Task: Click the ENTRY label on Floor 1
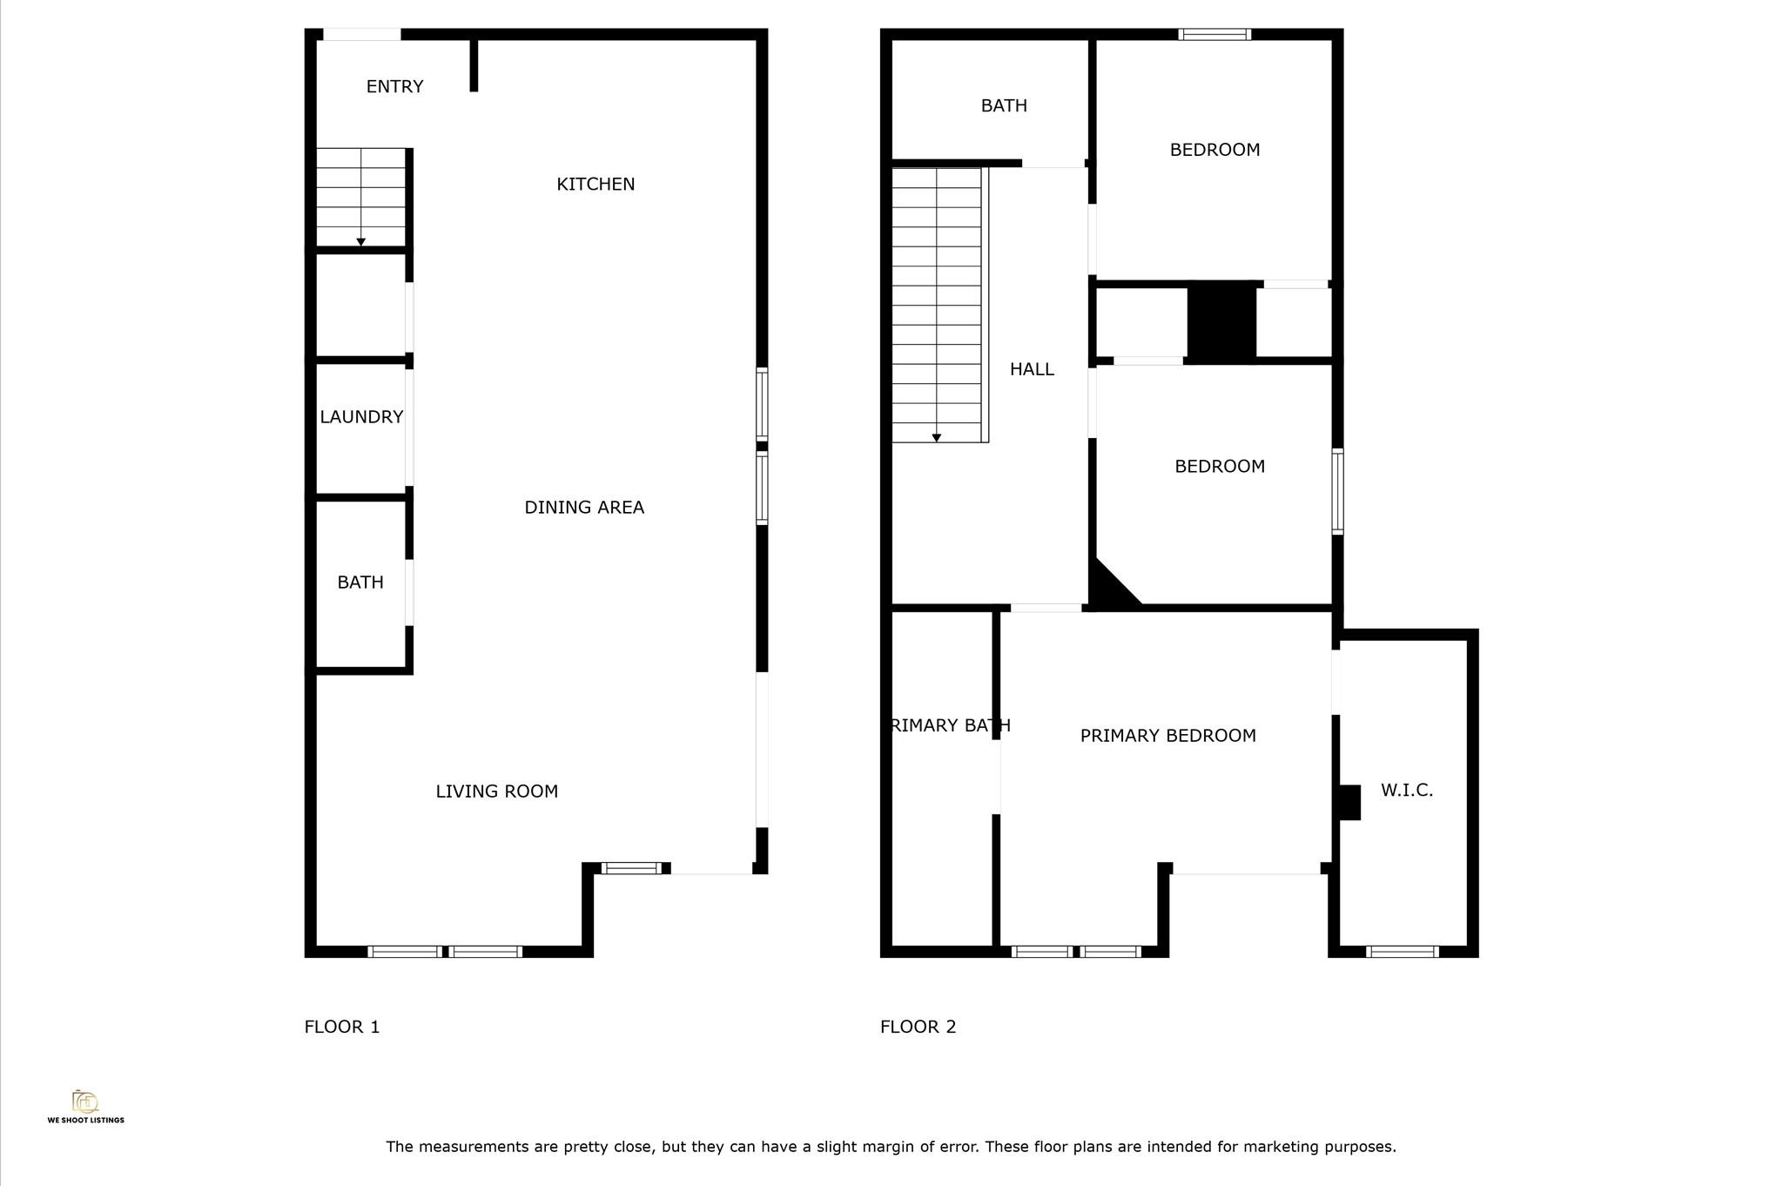click(394, 87)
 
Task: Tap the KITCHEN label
click(595, 185)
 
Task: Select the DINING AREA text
click(584, 508)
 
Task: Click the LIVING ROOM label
click(496, 792)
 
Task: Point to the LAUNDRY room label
click(361, 417)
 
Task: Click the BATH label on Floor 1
click(360, 583)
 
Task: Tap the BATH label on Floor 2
click(1004, 106)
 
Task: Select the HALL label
click(1032, 369)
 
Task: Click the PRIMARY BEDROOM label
click(1167, 736)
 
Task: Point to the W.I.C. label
click(1406, 791)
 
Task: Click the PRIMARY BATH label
click(950, 725)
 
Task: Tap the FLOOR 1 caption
click(342, 1027)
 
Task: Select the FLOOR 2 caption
click(918, 1027)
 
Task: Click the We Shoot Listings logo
click(85, 1106)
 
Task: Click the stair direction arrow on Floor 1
click(360, 242)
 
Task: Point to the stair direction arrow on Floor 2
click(937, 438)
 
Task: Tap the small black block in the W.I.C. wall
click(1349, 802)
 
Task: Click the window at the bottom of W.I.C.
click(1402, 952)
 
